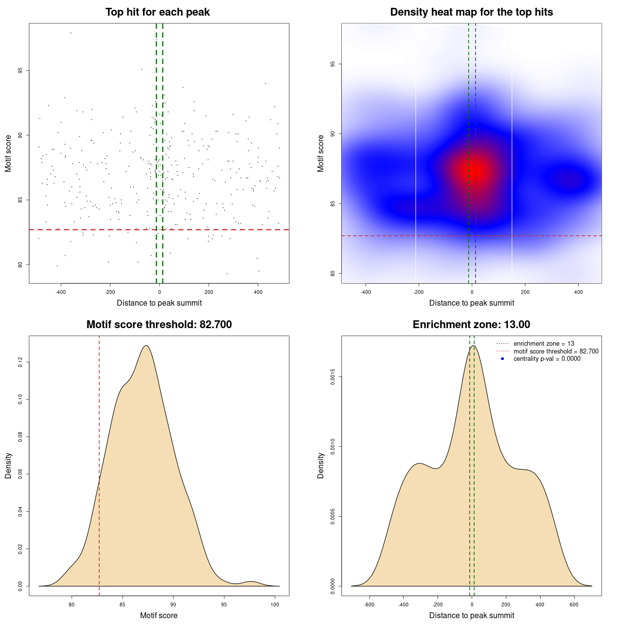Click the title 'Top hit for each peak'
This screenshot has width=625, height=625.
click(157, 12)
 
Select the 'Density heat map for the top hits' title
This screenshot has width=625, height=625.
click(471, 12)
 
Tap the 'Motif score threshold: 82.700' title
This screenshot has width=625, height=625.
click(159, 325)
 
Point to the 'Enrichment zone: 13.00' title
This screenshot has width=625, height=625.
click(471, 325)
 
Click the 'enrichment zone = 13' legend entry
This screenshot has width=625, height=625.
click(543, 344)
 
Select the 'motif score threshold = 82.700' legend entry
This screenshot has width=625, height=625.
click(556, 352)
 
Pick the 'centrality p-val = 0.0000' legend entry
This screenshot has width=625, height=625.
click(547, 359)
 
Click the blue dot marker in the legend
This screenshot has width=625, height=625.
click(502, 359)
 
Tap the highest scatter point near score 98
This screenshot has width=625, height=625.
click(71, 33)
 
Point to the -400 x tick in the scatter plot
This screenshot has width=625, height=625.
click(61, 292)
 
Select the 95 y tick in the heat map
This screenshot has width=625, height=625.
click(333, 64)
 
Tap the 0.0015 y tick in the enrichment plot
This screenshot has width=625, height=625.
click(333, 376)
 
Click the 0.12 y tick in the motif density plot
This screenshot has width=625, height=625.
click(21, 362)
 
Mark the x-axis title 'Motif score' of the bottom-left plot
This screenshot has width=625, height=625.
click(159, 615)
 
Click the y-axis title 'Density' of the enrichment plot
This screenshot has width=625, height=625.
click(321, 465)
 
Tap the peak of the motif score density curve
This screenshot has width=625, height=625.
click(146, 346)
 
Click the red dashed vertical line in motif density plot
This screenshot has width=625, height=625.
click(99, 464)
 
